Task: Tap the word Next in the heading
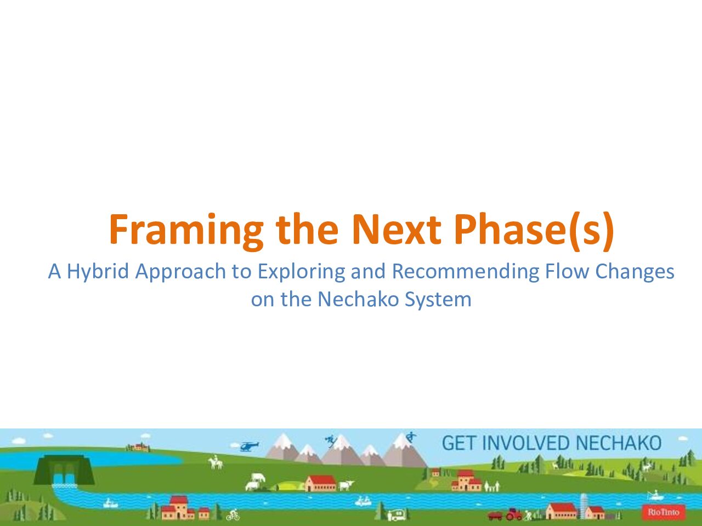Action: pyautogui.click(x=397, y=230)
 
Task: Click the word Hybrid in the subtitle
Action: pyautogui.click(x=98, y=272)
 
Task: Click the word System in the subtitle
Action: pyautogui.click(x=438, y=300)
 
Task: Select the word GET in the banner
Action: pyautogui.click(x=458, y=443)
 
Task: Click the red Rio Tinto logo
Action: pyautogui.click(x=664, y=512)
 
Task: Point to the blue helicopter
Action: pyautogui.click(x=248, y=446)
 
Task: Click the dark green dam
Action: pyautogui.click(x=64, y=470)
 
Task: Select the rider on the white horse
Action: pyautogui.click(x=216, y=462)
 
